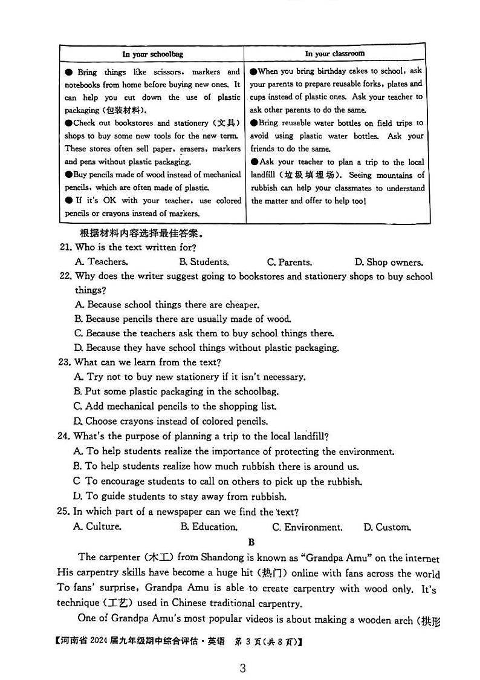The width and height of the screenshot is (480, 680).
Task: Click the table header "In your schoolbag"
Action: (152, 54)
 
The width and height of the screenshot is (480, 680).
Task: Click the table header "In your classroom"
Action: (334, 53)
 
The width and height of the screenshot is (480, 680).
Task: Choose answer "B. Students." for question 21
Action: (204, 262)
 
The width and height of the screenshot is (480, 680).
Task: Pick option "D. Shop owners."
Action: (389, 262)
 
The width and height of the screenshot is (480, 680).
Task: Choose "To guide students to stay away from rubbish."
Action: (180, 497)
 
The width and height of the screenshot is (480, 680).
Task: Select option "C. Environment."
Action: (307, 527)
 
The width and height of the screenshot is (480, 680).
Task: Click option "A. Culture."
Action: (97, 526)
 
